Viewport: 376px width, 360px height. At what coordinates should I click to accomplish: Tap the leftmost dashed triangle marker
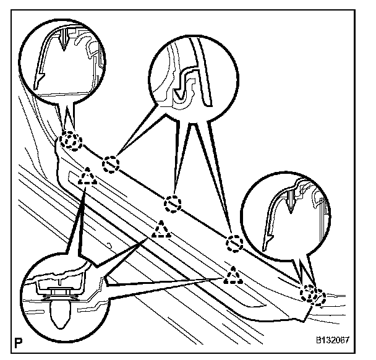[x=87, y=177]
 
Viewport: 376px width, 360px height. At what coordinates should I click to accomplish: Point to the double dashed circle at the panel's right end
[x=312, y=294]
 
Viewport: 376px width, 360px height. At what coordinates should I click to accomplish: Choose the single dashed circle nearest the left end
[x=110, y=164]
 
